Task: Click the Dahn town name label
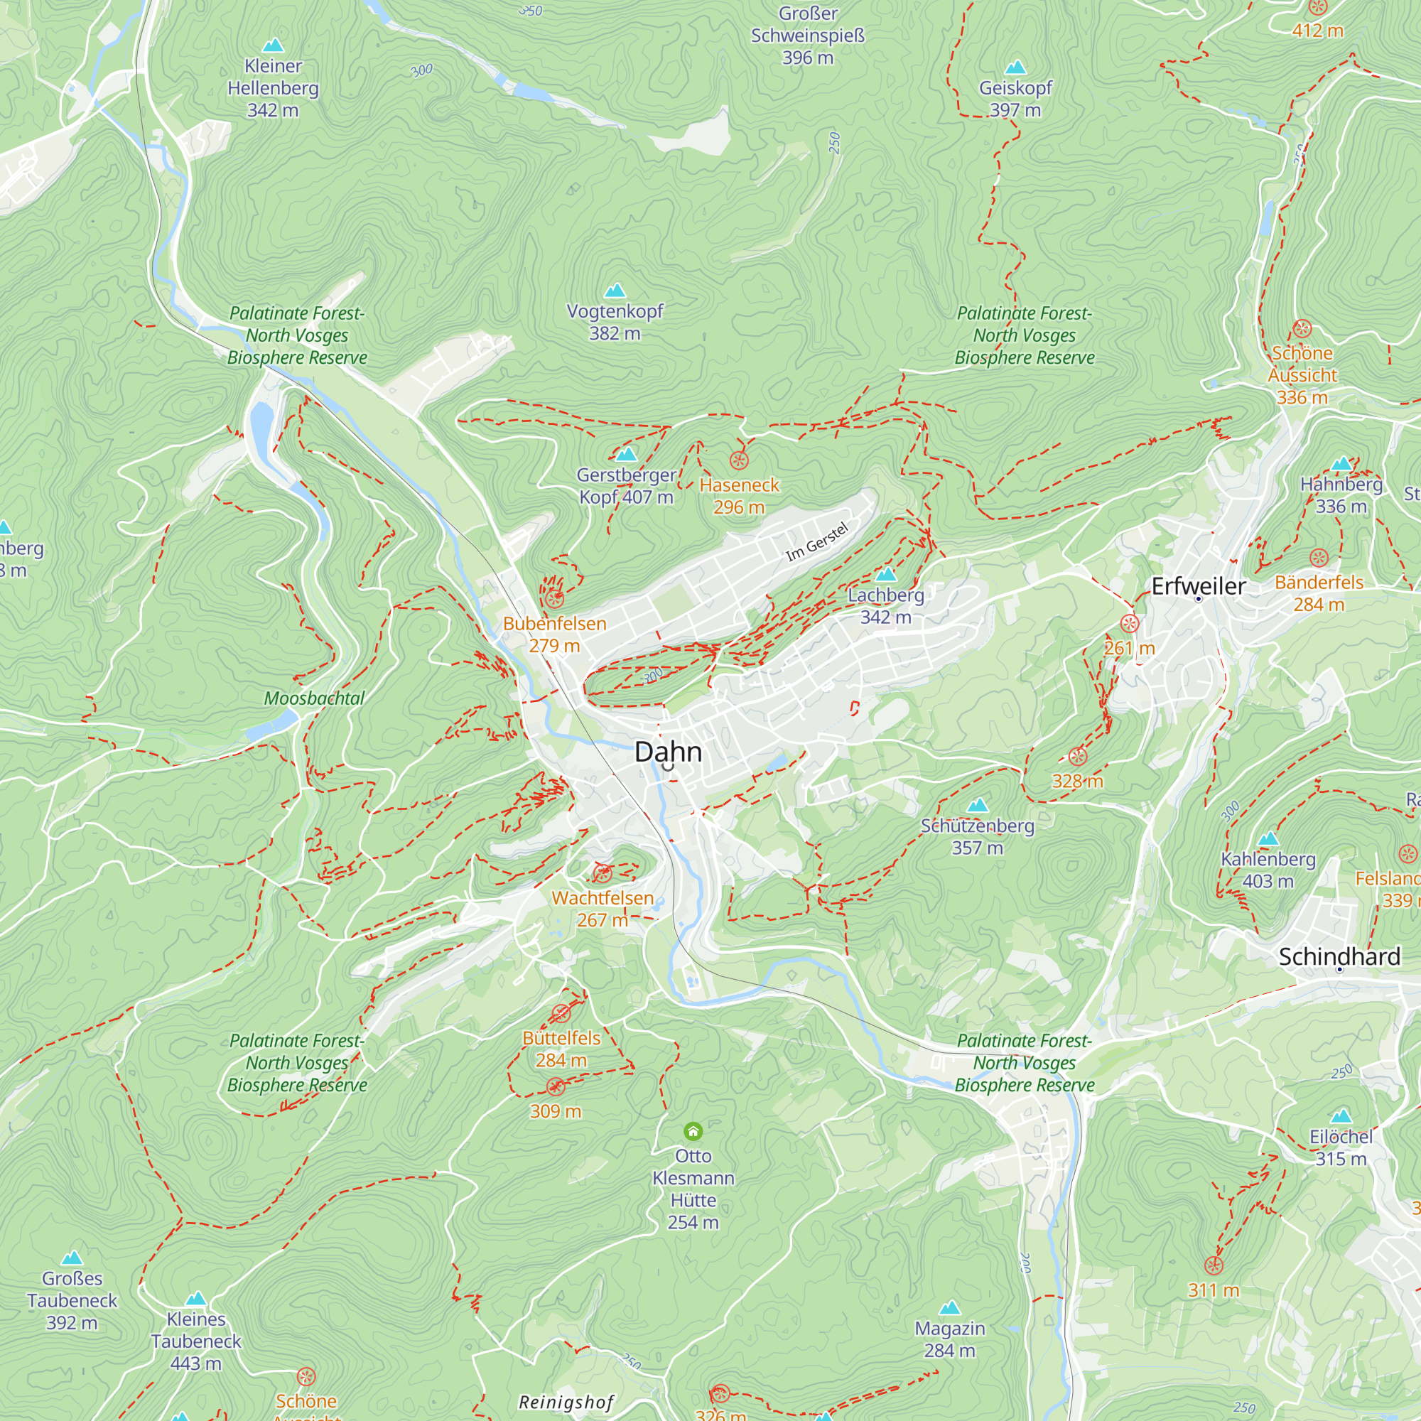[x=668, y=752]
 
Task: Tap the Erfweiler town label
[x=1198, y=586]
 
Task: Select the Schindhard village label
[x=1339, y=956]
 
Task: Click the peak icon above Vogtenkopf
[x=615, y=291]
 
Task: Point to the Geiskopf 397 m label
[x=1015, y=99]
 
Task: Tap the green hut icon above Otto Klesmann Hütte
[x=693, y=1130]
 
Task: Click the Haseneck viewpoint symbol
[x=738, y=461]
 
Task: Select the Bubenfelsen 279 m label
[x=555, y=634]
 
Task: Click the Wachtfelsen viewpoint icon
[x=603, y=874]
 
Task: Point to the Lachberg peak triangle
[x=886, y=574]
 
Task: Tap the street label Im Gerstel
[x=817, y=542]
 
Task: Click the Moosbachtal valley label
[x=314, y=698]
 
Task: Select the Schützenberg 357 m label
[x=978, y=836]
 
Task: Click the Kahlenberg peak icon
[x=1268, y=839]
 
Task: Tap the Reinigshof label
[x=566, y=1402]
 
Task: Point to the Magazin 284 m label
[x=949, y=1339]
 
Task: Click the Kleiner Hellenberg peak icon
[x=273, y=45]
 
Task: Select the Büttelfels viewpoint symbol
[x=561, y=1015]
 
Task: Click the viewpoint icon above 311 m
[x=1214, y=1266]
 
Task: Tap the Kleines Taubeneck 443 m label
[x=195, y=1341]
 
